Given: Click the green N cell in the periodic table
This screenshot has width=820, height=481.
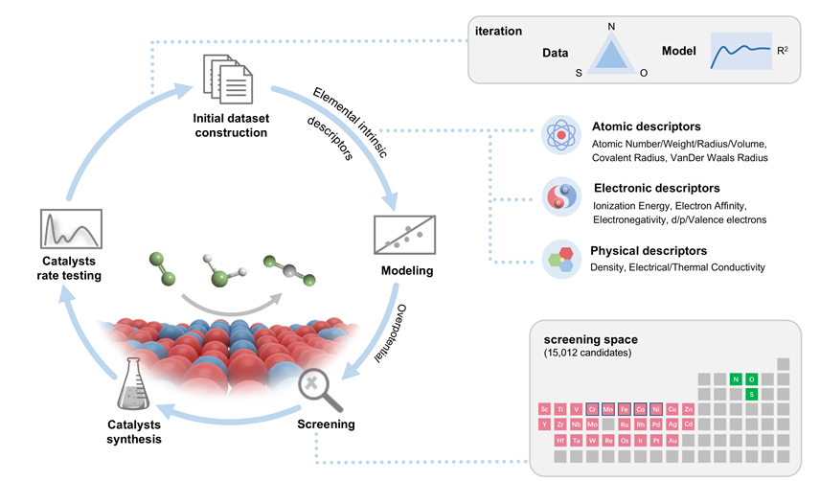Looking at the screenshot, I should coord(735,378).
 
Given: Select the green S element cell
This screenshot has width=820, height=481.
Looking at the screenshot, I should coord(751,394).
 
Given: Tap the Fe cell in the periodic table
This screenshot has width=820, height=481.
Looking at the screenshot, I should coord(624,409).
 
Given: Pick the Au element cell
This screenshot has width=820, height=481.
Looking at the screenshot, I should coord(672,440).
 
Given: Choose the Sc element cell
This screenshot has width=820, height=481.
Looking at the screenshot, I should coord(544,409).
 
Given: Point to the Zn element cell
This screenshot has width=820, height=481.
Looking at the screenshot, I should coord(688,409).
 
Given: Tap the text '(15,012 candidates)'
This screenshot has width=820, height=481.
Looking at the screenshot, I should coord(586,355).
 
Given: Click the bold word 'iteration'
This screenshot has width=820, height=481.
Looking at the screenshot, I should coord(498,31).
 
